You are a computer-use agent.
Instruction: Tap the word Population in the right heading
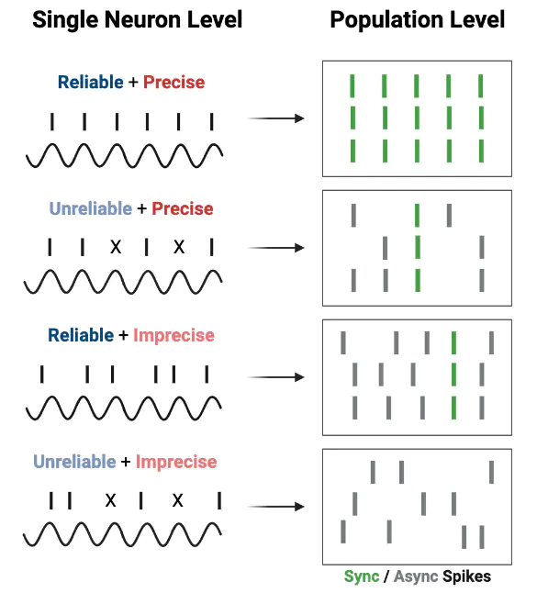coord(386,20)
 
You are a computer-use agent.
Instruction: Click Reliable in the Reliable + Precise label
coord(90,82)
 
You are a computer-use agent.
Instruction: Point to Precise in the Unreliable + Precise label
coord(183,208)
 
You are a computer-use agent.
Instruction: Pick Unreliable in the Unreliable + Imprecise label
coord(74,462)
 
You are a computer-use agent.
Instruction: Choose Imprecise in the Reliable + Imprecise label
coord(174,335)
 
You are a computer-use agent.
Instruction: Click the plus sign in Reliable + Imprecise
coord(123,335)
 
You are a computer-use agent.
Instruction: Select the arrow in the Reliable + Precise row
coord(276,118)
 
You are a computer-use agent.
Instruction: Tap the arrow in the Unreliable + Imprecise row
coord(276,507)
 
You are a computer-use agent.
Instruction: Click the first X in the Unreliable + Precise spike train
coord(116,247)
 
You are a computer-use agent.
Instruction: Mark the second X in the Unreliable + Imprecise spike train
coord(178,500)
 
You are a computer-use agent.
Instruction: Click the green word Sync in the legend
coord(361,577)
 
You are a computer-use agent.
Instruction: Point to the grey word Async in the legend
coord(416,577)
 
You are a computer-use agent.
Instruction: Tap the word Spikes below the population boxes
coord(467,577)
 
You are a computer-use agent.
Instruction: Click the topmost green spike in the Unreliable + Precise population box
coord(417,216)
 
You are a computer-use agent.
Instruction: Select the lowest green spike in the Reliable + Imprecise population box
coord(453,408)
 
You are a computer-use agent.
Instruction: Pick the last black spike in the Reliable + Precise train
coord(212,122)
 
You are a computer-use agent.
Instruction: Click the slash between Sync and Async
coord(386,577)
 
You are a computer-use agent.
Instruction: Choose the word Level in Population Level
coord(476,19)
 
